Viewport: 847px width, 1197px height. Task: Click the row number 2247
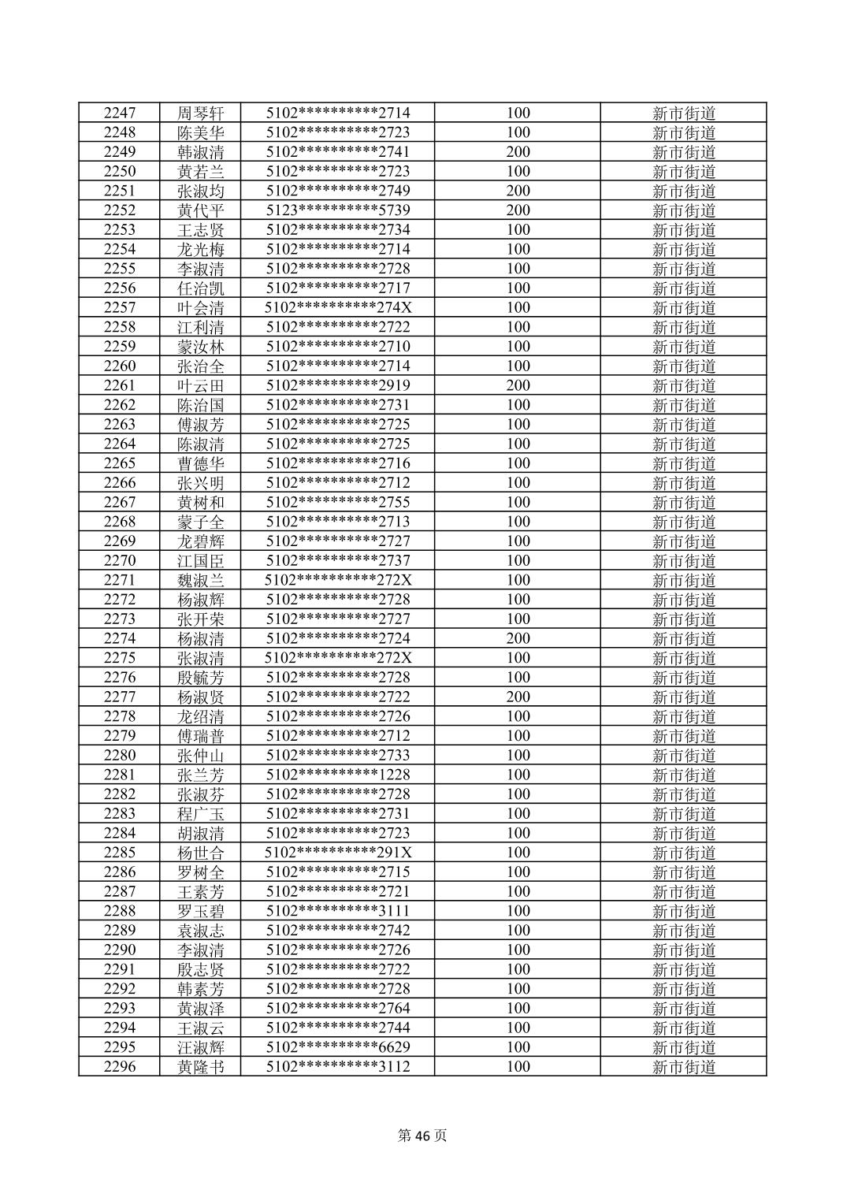click(x=119, y=113)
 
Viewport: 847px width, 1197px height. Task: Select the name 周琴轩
click(x=201, y=113)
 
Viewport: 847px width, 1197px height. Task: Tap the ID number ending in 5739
click(x=337, y=210)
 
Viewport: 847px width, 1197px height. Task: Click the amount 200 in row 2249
click(x=518, y=152)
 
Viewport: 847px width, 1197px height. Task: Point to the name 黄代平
click(x=201, y=210)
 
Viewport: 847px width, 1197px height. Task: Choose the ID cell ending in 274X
click(x=337, y=307)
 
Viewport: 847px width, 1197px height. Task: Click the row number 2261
click(x=119, y=385)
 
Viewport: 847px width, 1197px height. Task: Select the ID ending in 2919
click(x=337, y=385)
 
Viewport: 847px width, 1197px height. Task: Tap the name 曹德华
click(x=201, y=463)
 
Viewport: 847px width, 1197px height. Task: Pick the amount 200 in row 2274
click(x=518, y=638)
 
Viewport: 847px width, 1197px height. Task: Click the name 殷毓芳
click(x=201, y=678)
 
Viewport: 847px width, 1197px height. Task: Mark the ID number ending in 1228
click(x=337, y=775)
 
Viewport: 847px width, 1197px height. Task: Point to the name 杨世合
click(x=201, y=853)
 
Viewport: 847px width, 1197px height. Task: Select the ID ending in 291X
click(x=337, y=853)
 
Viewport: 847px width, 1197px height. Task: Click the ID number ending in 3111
click(x=337, y=911)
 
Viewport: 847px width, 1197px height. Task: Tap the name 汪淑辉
click(x=201, y=1047)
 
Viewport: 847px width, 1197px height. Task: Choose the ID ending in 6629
click(x=337, y=1047)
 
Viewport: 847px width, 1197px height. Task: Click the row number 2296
click(x=119, y=1067)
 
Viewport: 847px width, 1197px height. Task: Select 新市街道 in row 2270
click(x=683, y=561)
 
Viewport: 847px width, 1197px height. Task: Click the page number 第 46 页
click(x=422, y=1136)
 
